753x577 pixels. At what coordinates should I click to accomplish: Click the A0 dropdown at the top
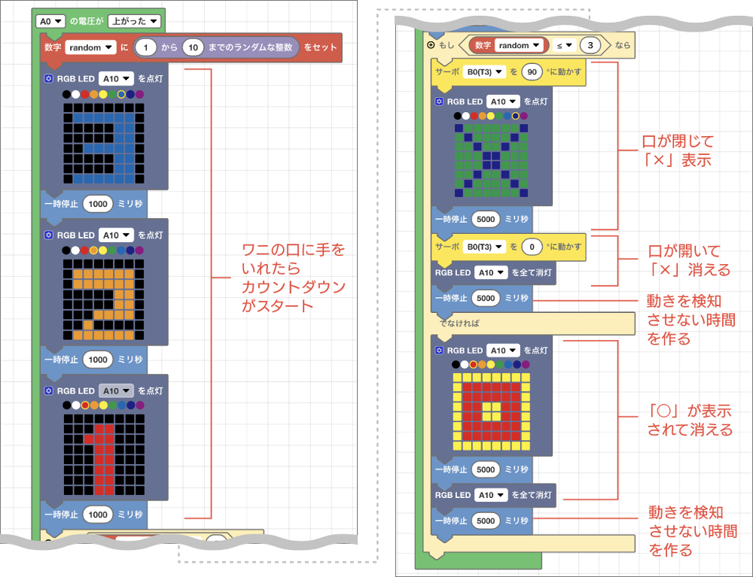click(51, 21)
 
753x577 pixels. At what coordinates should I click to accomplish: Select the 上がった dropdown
click(133, 21)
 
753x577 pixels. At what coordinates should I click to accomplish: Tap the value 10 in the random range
click(194, 47)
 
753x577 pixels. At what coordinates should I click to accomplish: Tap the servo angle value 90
click(532, 72)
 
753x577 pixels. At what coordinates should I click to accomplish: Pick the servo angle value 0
click(532, 246)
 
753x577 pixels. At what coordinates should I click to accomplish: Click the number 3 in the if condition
click(591, 45)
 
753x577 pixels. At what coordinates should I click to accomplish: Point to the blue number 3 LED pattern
click(104, 144)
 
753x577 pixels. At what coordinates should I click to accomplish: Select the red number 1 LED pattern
click(104, 454)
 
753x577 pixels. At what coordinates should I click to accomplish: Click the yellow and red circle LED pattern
click(490, 411)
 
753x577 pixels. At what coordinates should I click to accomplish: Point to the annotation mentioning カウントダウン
click(294, 278)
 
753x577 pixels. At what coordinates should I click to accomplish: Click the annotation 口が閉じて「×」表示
click(677, 150)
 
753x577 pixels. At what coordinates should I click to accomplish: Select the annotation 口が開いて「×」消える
click(689, 260)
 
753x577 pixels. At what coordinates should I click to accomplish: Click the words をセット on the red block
click(321, 47)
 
